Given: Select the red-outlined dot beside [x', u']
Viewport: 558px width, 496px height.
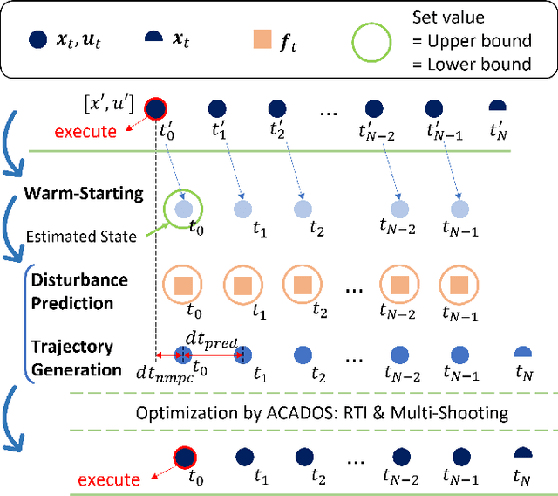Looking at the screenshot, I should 155,108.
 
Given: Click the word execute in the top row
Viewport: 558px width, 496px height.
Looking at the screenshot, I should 85,132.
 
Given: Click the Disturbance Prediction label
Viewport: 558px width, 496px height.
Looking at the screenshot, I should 79,292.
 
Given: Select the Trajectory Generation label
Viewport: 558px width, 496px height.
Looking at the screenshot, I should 77,358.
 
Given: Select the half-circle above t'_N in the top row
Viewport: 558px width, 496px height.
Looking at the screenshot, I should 498,106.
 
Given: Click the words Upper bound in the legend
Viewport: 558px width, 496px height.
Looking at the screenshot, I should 484,41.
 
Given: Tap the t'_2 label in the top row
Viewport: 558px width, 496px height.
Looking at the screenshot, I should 278,132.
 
